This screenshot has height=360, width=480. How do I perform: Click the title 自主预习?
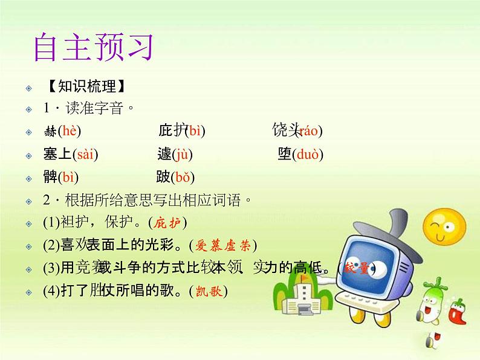[x=93, y=48]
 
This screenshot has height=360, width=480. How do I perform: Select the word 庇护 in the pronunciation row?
[x=170, y=130]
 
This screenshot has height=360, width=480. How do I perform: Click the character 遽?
[x=164, y=155]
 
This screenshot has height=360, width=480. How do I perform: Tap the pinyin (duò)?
[x=306, y=155]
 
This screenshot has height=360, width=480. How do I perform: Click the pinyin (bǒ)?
[x=182, y=177]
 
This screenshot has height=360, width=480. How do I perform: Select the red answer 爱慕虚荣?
[x=223, y=245]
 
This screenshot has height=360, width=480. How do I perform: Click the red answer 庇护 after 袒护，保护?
[x=167, y=222]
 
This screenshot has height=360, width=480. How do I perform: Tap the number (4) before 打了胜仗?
[x=51, y=291]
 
